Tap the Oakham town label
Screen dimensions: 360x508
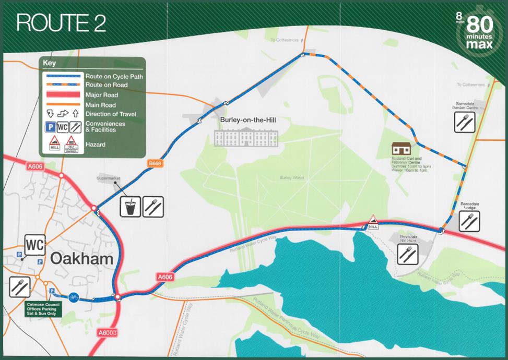click(x=81, y=258)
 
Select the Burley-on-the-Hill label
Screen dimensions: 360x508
click(x=247, y=121)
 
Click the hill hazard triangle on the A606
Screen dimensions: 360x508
click(x=373, y=221)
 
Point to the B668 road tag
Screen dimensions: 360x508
click(x=154, y=163)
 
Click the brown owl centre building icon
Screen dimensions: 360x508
click(x=403, y=149)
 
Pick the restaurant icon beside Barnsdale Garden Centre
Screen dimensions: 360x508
click(x=464, y=122)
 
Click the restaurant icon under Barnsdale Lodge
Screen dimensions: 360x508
click(x=469, y=221)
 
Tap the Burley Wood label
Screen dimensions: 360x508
click(x=291, y=178)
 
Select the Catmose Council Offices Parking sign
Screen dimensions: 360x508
click(x=45, y=309)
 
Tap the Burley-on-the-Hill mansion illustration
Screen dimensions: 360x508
click(x=246, y=137)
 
